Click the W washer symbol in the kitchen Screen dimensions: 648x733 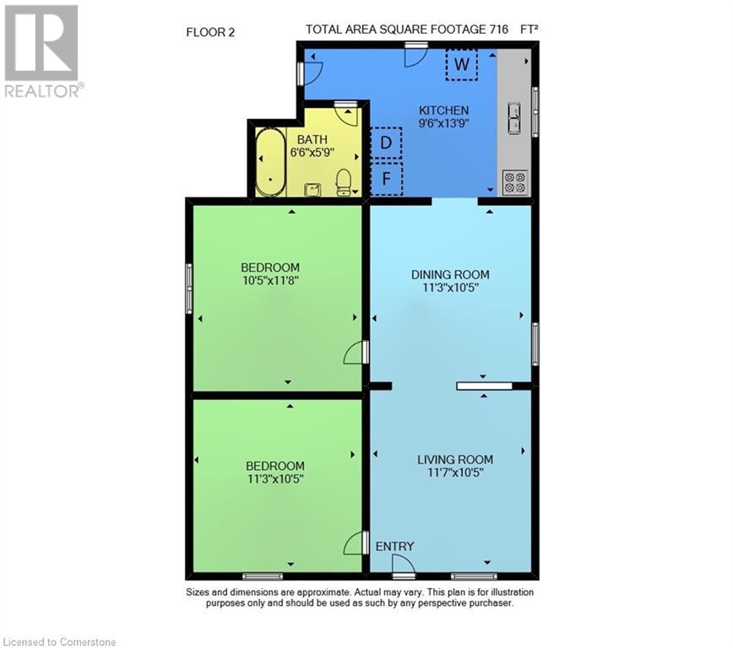[461, 64]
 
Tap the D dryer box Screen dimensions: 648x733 [386, 143]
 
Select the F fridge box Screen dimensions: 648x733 [386, 178]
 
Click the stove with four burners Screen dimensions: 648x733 [514, 182]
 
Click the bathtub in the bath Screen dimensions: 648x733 [270, 162]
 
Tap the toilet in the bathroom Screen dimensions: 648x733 [344, 181]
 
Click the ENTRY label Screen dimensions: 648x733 [394, 547]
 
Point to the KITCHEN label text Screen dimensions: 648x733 [443, 111]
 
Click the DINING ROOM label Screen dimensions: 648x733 [450, 274]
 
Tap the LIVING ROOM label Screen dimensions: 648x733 [454, 460]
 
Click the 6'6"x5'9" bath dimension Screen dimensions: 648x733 [309, 153]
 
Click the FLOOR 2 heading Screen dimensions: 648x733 [209, 33]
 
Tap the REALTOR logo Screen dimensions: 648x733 [41, 51]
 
